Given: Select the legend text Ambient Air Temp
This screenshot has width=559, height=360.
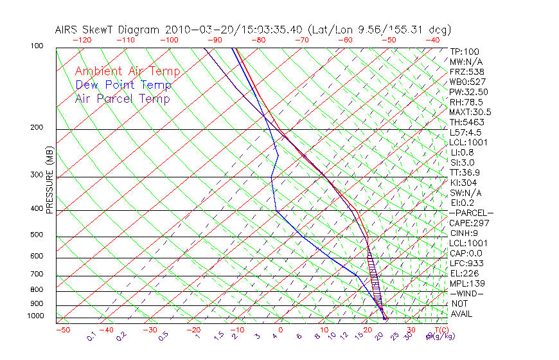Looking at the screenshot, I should (127, 71).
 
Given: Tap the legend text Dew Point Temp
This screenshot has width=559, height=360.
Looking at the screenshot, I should (123, 85).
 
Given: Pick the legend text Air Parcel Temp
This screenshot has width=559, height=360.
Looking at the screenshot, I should (122, 98).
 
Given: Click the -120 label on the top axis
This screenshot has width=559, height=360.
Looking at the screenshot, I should (82, 40).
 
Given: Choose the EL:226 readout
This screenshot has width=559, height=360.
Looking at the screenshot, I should (462, 273).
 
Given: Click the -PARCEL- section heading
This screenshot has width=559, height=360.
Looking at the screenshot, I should (471, 213).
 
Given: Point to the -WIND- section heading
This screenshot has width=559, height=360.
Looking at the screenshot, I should (466, 293).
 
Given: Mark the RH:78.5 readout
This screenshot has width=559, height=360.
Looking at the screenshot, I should (466, 102).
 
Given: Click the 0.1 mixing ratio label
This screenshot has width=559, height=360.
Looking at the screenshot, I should (91, 336).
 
